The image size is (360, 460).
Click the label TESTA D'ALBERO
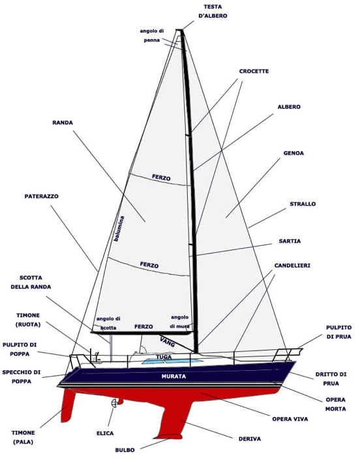click(213, 11)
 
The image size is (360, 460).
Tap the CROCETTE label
click(254, 71)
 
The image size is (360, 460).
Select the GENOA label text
click(293, 153)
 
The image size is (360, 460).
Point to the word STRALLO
click(303, 204)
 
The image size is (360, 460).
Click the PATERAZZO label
click(41, 196)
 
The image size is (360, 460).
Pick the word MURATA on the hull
click(173, 377)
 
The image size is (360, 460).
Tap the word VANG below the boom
click(168, 342)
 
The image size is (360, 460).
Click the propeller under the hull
click(114, 403)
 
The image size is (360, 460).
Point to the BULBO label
click(125, 450)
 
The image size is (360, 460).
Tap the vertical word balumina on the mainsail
click(119, 229)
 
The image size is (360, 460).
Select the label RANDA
click(63, 122)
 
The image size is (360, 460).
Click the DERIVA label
click(250, 439)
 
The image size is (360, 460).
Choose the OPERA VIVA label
click(290, 419)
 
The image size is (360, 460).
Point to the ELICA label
click(105, 433)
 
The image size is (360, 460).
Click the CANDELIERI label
click(292, 265)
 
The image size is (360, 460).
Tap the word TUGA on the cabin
click(164, 357)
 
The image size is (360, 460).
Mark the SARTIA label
click(290, 241)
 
